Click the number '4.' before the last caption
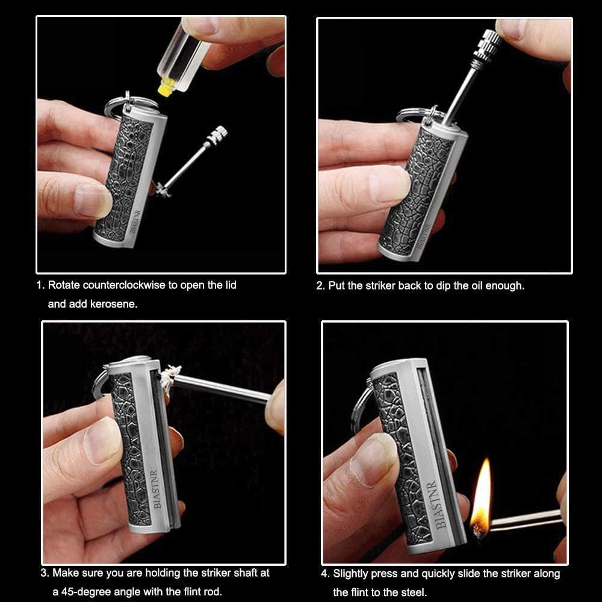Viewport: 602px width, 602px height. pos(325,573)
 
